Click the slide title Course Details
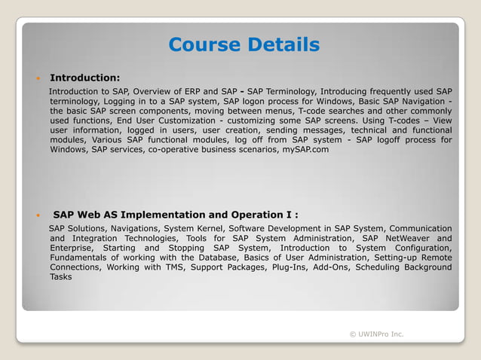pos(244,45)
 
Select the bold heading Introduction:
pos(84,78)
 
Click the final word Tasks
pos(61,277)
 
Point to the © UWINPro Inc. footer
pos(376,334)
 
